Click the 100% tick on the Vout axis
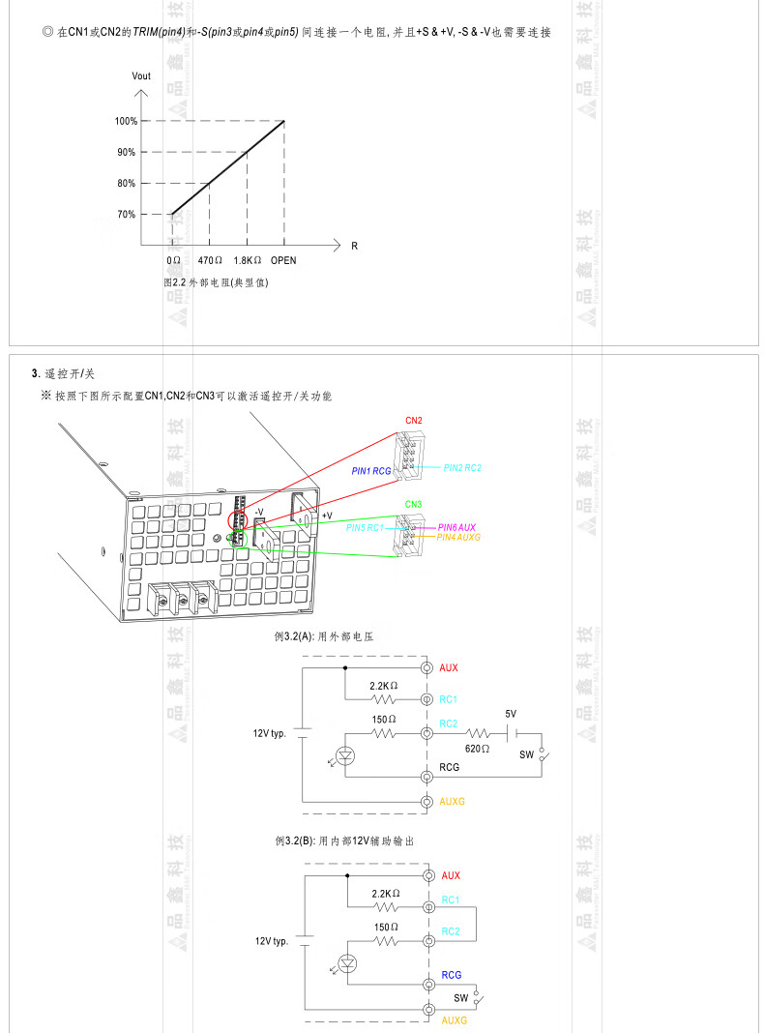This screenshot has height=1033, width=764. click(x=126, y=121)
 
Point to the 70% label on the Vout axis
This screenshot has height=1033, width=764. click(x=126, y=214)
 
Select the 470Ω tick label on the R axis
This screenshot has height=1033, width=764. click(x=210, y=261)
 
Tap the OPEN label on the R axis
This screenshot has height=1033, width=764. click(x=283, y=261)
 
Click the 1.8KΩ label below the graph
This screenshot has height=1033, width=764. click(x=248, y=261)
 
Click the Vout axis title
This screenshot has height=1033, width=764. click(x=141, y=75)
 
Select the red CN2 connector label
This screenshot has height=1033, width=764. click(x=413, y=421)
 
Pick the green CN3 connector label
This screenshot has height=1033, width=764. click(x=413, y=504)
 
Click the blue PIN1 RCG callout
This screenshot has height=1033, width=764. click(x=371, y=470)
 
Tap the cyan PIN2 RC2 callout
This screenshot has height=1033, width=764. click(x=462, y=467)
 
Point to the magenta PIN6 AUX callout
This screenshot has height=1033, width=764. click(x=456, y=526)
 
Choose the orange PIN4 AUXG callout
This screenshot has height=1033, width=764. click(x=458, y=537)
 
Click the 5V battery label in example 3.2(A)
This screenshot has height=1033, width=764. click(x=511, y=714)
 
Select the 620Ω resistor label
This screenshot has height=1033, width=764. click(x=477, y=749)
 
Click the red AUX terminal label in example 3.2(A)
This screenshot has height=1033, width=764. click(x=449, y=668)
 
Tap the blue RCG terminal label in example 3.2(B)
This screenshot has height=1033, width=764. click(x=452, y=975)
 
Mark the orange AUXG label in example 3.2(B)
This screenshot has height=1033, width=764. click(x=455, y=1020)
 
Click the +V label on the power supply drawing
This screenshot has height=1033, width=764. click(x=327, y=516)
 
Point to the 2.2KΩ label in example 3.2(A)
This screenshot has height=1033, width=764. click(x=384, y=685)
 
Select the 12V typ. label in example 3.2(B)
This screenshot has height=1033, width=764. click(x=273, y=940)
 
